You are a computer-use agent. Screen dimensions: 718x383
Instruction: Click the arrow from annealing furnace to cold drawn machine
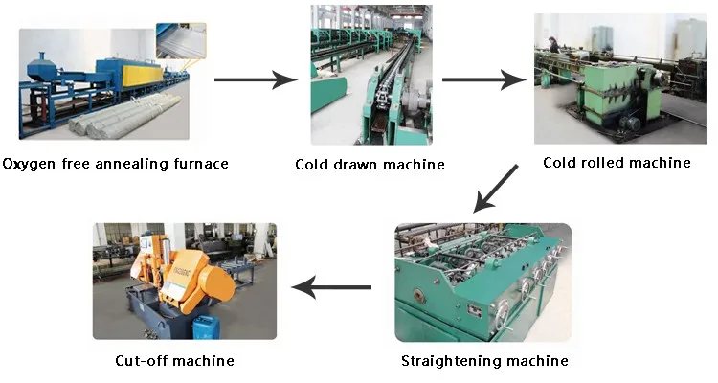[x=256, y=79]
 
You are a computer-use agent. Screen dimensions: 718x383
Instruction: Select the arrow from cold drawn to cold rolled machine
[x=483, y=79]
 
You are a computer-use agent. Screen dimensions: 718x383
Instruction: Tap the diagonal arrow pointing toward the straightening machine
[x=496, y=189]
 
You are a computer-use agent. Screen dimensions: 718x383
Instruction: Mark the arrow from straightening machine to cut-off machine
[x=331, y=287]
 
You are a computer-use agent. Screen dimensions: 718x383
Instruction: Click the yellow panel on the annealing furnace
[x=143, y=75]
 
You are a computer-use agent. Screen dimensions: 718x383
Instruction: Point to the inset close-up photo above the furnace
[x=181, y=41]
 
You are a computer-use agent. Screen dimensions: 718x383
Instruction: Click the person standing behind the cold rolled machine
[x=554, y=45]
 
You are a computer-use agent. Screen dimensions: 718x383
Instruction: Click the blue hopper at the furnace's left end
[x=42, y=70]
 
